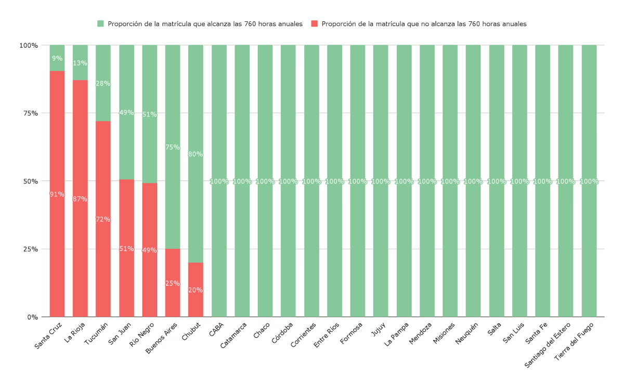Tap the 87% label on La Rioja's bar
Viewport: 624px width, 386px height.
80,199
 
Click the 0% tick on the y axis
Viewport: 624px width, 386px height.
32,317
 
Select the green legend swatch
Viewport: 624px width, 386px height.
101,24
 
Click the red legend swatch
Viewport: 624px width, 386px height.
314,24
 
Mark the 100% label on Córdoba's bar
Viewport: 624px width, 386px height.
288,182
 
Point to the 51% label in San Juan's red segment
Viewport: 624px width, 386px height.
126,249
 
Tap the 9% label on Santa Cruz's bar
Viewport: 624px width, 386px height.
57,59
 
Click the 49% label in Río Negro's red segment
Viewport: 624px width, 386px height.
149,250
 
